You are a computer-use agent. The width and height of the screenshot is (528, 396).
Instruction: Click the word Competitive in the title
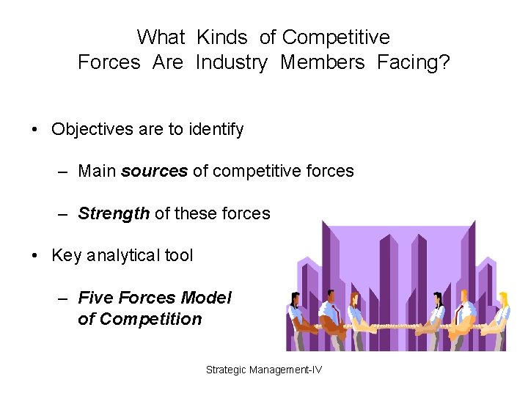click(x=336, y=37)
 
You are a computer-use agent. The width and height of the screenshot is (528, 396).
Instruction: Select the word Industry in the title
click(x=231, y=63)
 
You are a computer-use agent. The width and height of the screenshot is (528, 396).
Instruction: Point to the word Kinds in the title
click(x=223, y=37)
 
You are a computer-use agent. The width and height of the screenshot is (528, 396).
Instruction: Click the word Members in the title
click(x=322, y=63)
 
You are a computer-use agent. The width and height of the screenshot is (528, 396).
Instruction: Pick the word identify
click(x=216, y=130)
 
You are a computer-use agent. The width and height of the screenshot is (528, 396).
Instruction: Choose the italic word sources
click(x=154, y=172)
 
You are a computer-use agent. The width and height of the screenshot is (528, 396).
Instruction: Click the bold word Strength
click(x=114, y=214)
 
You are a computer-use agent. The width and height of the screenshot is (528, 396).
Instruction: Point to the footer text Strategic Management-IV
click(x=263, y=370)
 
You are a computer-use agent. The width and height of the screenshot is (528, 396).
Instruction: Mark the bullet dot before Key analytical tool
click(x=34, y=256)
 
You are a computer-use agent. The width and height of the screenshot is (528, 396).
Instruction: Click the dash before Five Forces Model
click(x=64, y=298)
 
